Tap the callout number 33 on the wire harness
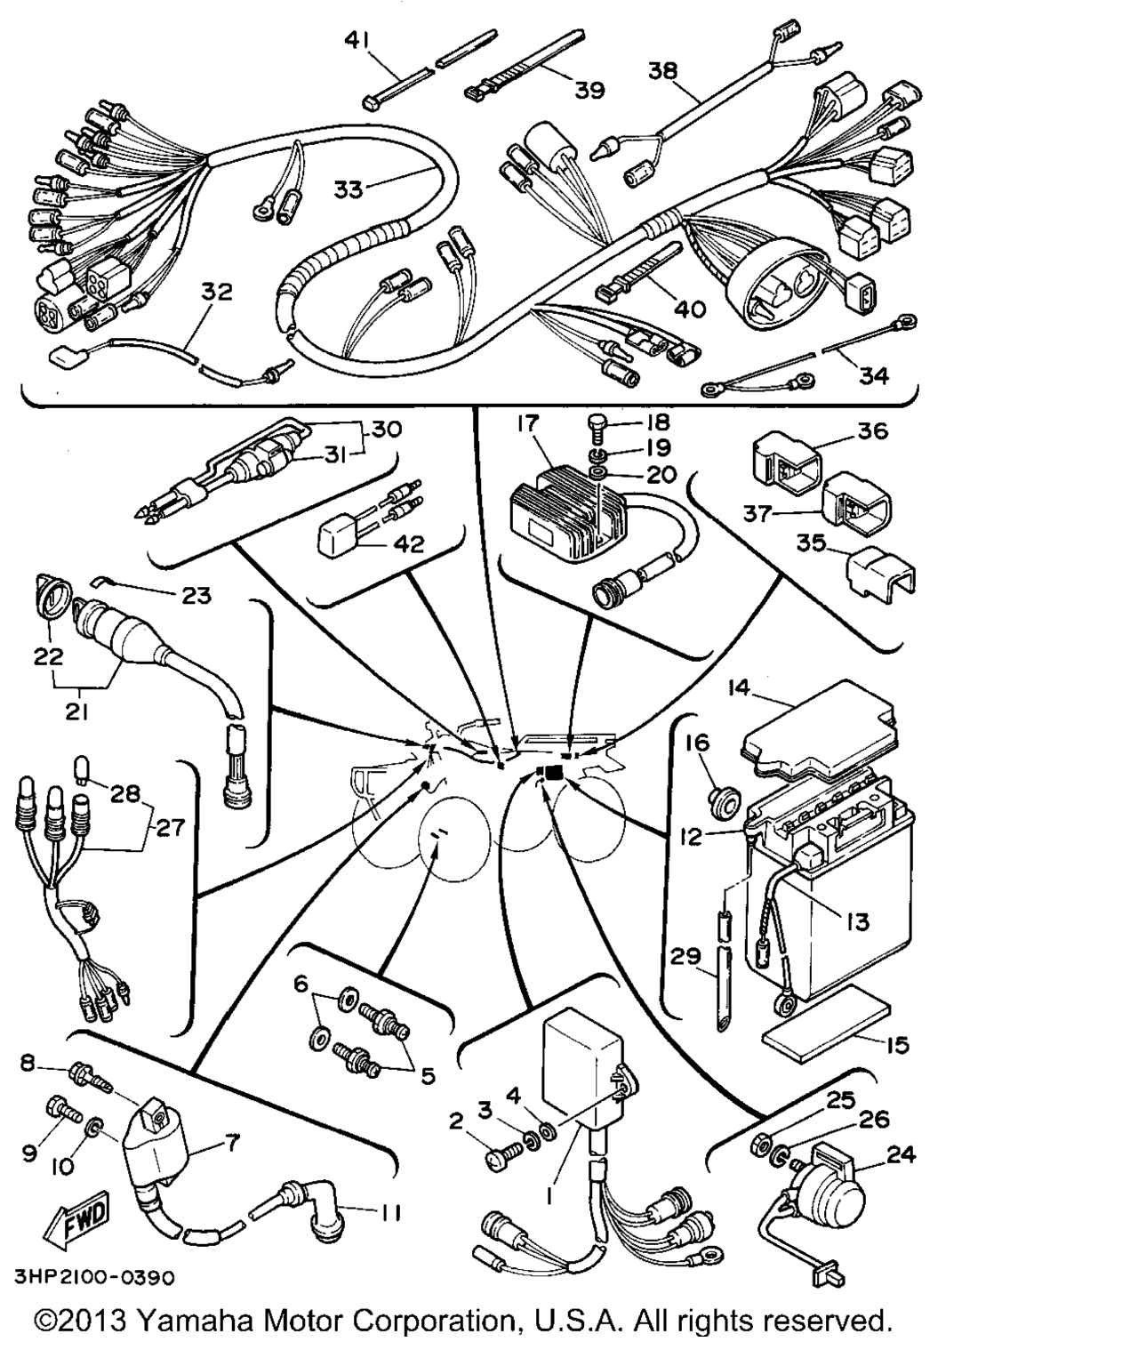click(x=349, y=189)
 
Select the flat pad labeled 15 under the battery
click(x=826, y=1023)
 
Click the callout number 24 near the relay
click(x=902, y=1155)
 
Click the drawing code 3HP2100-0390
click(x=93, y=1277)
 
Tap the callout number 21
click(x=78, y=711)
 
